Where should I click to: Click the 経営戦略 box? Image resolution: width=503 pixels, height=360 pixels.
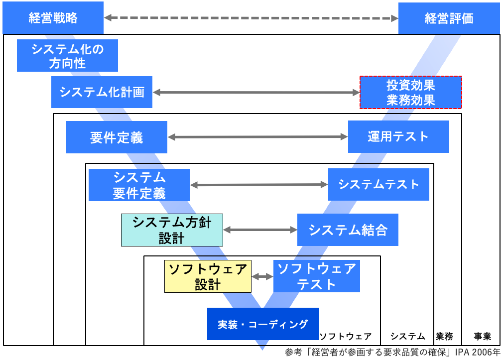point(53,18)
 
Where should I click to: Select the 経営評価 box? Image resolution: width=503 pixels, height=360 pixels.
point(449,18)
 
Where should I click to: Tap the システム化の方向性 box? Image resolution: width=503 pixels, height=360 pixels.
point(67,56)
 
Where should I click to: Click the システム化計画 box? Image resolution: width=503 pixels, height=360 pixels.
point(102,92)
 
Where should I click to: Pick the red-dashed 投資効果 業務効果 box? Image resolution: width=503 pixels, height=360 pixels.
point(411,92)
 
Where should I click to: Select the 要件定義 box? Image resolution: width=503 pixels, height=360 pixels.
point(117,137)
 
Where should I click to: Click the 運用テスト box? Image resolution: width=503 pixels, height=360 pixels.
point(398,136)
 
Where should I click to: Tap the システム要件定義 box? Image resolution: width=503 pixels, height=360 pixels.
point(139,185)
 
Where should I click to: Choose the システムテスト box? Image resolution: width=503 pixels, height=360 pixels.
point(378,184)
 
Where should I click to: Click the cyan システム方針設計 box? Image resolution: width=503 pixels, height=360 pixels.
point(172,230)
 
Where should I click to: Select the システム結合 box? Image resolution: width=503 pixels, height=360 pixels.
point(348,230)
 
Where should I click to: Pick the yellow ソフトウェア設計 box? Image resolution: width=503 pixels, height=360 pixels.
point(208,276)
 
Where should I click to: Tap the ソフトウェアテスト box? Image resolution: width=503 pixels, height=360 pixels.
point(316,276)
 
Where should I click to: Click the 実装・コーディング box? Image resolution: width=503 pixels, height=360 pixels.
point(263,324)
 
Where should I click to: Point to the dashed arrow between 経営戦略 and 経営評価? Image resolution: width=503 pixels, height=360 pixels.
point(251,18)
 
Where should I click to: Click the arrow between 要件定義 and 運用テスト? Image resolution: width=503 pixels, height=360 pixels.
point(257,136)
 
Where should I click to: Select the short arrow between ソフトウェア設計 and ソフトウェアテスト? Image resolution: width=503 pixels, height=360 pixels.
point(262,276)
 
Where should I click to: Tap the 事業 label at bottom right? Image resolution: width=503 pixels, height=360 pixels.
point(482,336)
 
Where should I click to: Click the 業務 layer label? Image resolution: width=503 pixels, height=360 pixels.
point(444,336)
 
